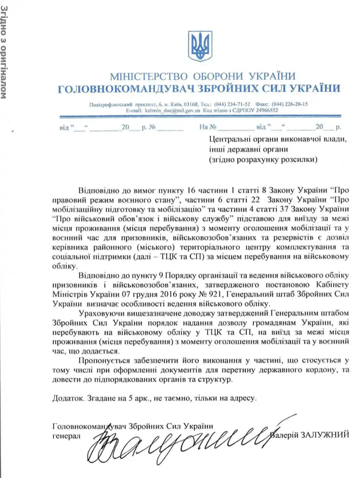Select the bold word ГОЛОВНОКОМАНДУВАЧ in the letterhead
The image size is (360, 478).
click(x=125, y=89)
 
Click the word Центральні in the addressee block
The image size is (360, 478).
click(x=230, y=139)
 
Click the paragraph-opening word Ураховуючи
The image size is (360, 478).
click(x=102, y=313)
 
